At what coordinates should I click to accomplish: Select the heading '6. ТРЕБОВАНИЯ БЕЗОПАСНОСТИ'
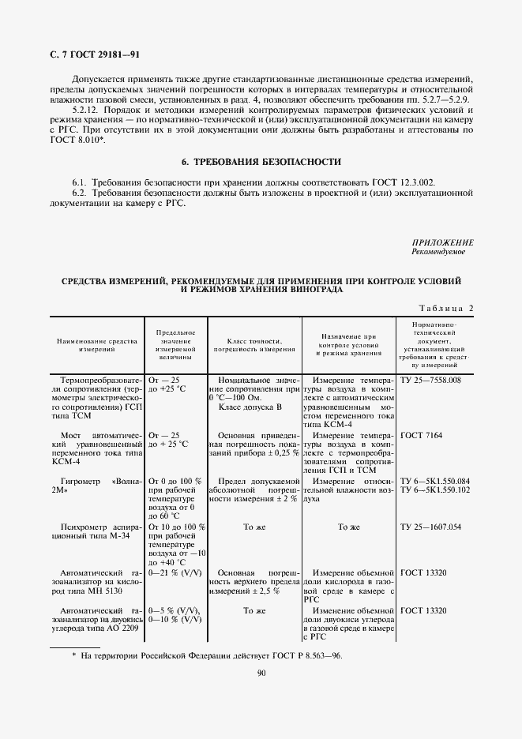[261, 163]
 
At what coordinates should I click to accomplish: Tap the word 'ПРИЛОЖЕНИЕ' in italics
[442, 242]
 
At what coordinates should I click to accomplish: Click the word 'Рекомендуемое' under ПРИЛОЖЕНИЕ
[438, 252]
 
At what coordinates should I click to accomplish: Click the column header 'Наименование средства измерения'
[96, 343]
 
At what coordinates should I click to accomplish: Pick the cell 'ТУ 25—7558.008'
[431, 381]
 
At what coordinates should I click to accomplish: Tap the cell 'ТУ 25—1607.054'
[431, 527]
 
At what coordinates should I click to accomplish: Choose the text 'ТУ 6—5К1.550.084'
[435, 481]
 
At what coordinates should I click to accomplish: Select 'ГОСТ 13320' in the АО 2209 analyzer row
[424, 611]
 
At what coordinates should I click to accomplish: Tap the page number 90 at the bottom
[261, 673]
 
